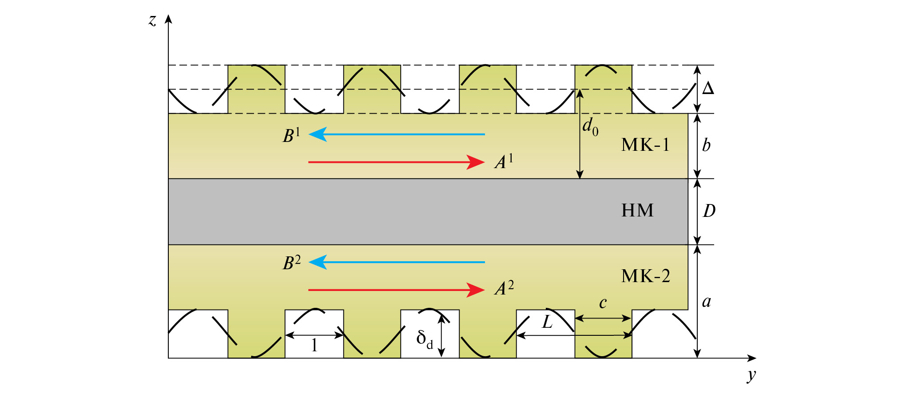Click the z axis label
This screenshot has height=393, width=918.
[152, 21]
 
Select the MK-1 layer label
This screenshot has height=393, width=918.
[645, 145]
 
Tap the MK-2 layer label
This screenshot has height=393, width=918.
[645, 276]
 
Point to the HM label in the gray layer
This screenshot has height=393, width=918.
[637, 211]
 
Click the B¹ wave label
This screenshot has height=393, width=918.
[291, 135]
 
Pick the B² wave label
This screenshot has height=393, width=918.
[291, 263]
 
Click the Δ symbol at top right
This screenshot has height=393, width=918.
[708, 89]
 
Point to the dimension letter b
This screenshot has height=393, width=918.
[706, 145]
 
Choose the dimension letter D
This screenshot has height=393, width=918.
[709, 211]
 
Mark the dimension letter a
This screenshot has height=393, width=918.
[706, 302]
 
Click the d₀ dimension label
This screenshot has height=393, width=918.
[590, 127]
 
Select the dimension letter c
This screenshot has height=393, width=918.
[603, 303]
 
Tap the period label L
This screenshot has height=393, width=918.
[547, 322]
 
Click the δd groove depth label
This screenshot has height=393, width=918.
[424, 339]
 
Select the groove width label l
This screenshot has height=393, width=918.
[314, 345]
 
